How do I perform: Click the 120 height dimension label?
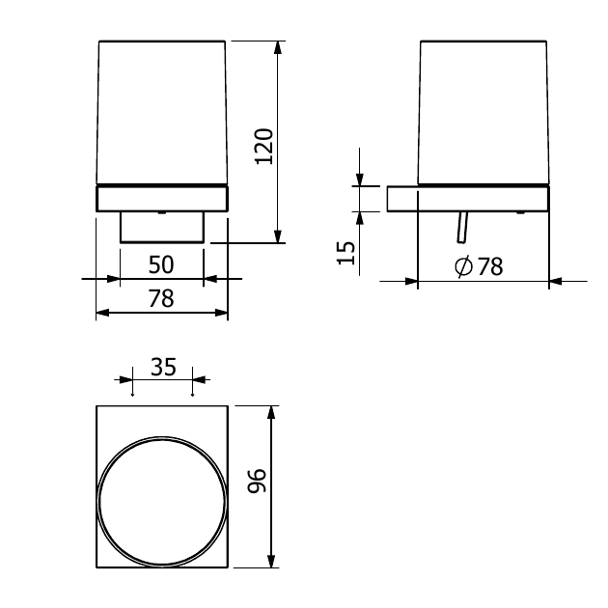(264, 146)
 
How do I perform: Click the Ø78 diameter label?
(479, 267)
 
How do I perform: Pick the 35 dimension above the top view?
(163, 367)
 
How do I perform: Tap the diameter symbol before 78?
(462, 267)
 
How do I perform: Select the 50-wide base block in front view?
(161, 228)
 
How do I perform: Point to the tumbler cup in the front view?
(162, 111)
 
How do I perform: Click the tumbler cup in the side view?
(483, 111)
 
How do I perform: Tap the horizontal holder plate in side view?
(468, 198)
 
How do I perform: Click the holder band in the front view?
(162, 198)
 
